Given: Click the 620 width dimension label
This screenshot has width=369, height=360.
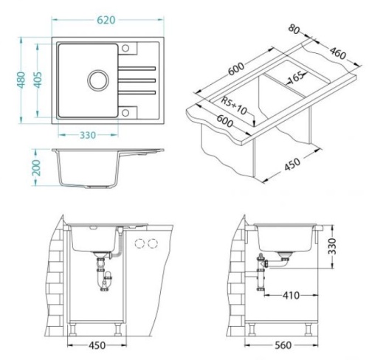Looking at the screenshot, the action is (106, 20).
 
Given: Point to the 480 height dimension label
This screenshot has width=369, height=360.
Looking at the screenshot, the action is (21, 80).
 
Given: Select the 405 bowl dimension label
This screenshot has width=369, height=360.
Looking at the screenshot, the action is (38, 80).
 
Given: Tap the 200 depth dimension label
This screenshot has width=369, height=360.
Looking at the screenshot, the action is (36, 167).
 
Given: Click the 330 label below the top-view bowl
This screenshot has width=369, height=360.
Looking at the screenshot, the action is (88, 135).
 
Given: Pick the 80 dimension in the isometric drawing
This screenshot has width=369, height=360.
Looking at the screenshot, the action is (294, 29).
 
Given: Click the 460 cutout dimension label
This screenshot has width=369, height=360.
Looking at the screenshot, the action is (337, 53).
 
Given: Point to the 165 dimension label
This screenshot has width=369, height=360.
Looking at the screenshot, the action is (296, 77).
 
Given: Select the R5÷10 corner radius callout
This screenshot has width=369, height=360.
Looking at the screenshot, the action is (234, 105).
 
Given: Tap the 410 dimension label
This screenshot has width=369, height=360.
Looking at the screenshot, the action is (291, 295).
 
